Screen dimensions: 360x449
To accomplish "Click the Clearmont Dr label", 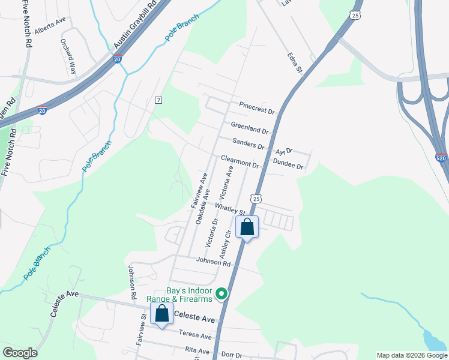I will point(240,161).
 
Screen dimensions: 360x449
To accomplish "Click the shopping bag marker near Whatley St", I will point(247,227).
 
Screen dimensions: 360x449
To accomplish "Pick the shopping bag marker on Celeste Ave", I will point(161,314).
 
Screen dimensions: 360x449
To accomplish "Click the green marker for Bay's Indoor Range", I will point(221,293).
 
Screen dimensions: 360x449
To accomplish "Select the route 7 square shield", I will point(158,100).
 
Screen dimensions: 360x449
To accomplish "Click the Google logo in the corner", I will point(20,353).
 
